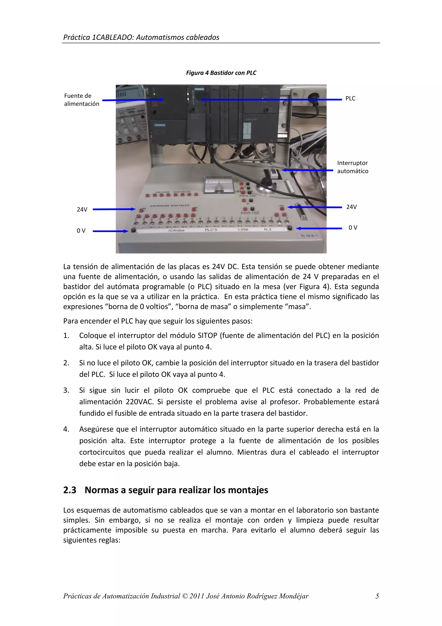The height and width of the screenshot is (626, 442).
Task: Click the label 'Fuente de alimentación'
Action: click(x=81, y=100)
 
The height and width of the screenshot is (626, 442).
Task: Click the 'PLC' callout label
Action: click(x=350, y=99)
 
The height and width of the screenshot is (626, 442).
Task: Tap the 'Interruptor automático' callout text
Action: click(x=352, y=167)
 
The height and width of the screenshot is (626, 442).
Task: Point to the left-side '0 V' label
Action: click(x=81, y=231)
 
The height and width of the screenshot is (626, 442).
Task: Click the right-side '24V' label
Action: click(x=351, y=207)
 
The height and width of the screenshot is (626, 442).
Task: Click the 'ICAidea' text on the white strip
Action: click(x=176, y=230)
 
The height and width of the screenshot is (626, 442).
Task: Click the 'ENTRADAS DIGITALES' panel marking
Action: click(x=170, y=205)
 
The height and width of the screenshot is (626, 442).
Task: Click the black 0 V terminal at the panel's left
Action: click(x=133, y=230)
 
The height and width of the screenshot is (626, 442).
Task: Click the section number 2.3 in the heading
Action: click(x=70, y=490)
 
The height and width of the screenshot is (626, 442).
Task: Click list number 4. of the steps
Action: click(x=66, y=429)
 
